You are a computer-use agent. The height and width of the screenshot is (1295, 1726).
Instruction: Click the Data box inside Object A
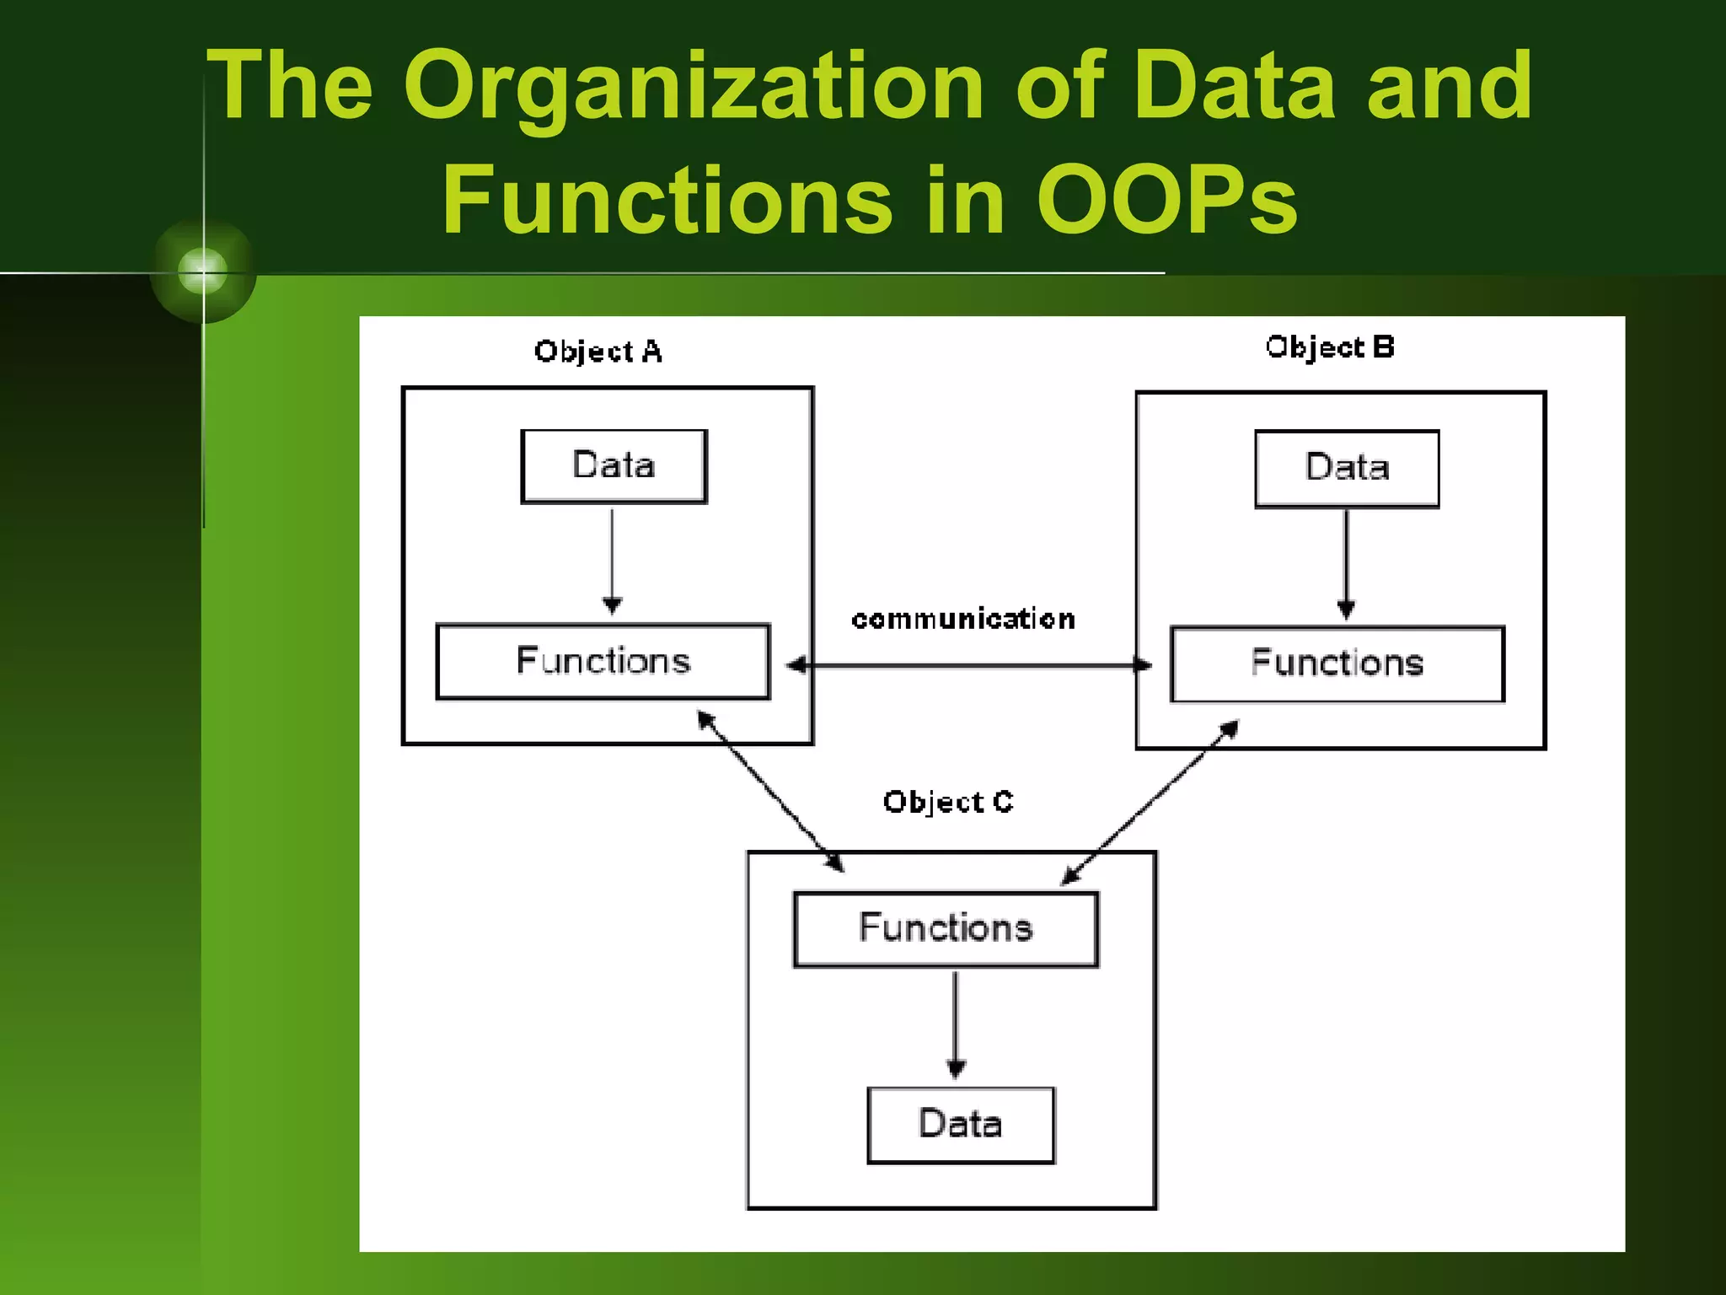pyautogui.click(x=614, y=466)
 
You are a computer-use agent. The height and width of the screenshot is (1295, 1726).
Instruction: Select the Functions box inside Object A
pyautogui.click(x=603, y=661)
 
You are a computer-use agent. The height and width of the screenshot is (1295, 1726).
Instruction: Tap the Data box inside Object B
pyautogui.click(x=1347, y=469)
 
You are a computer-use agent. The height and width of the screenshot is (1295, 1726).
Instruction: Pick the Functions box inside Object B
pyautogui.click(x=1337, y=664)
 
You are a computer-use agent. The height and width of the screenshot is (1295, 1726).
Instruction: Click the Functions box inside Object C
pyautogui.click(x=946, y=928)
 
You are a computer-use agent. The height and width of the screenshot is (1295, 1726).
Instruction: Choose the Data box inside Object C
pyautogui.click(x=961, y=1125)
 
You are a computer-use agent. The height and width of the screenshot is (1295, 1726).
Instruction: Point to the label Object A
pyautogui.click(x=598, y=352)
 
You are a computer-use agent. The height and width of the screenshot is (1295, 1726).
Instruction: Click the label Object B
pyautogui.click(x=1330, y=347)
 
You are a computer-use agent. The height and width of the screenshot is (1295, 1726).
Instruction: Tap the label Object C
pyautogui.click(x=948, y=802)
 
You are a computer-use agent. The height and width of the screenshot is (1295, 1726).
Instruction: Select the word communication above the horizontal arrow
pyautogui.click(x=963, y=620)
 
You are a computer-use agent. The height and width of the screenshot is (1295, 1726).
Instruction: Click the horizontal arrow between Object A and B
pyautogui.click(x=969, y=665)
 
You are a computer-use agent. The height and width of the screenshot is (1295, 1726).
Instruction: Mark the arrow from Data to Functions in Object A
pyautogui.click(x=613, y=561)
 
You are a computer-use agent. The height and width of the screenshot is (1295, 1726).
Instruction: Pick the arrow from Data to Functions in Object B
pyautogui.click(x=1346, y=563)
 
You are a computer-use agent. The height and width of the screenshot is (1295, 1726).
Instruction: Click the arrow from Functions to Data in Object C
pyautogui.click(x=955, y=1024)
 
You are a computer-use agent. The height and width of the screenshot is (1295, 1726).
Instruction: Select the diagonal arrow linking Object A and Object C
pyautogui.click(x=769, y=791)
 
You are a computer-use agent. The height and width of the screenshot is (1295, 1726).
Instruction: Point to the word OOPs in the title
pyautogui.click(x=1166, y=201)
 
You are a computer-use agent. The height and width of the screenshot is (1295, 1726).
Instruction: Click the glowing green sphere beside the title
pyautogui.click(x=203, y=271)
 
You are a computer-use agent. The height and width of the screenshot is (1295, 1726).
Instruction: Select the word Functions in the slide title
pyautogui.click(x=667, y=201)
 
